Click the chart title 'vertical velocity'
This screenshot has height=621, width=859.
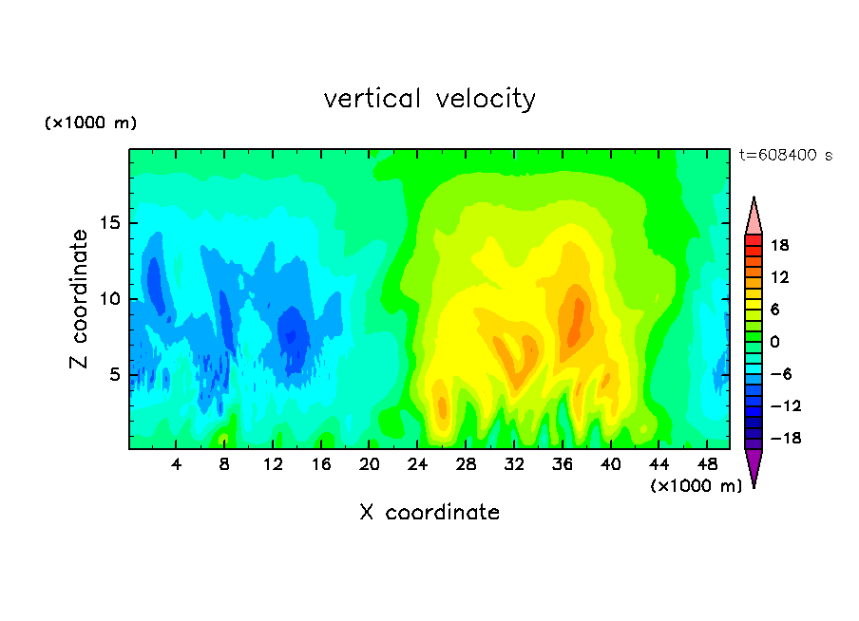429,99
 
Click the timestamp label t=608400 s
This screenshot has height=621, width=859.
786,155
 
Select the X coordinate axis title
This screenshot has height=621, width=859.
429,512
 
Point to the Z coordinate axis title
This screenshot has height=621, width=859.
78,298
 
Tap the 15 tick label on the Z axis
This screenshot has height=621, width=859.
109,223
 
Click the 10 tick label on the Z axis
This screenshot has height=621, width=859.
109,299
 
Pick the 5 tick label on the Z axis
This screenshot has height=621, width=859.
114,374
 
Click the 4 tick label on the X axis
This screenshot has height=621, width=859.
176,464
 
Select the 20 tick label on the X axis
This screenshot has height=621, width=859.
370,464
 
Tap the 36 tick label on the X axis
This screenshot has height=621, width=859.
563,464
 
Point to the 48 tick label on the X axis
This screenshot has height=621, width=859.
707,464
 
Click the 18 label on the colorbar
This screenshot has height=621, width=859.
779,245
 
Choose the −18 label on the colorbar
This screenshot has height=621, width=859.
786,438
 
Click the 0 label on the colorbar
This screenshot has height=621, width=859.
774,342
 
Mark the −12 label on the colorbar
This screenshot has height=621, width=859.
786,405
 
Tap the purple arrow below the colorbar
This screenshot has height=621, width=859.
754,465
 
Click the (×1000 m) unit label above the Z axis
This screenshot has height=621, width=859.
90,122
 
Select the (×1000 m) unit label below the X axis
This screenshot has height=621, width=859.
696,486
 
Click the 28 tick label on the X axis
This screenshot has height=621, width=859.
466,464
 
